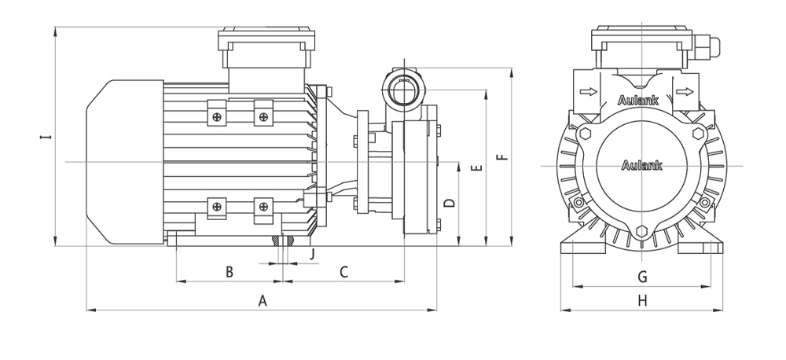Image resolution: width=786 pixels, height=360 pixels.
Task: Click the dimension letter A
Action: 263,300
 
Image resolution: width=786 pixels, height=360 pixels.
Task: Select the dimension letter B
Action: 229,272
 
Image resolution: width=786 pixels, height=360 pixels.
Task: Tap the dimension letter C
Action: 343,272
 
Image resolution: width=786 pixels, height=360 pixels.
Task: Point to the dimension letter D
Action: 450,203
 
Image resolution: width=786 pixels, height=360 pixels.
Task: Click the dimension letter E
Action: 477,167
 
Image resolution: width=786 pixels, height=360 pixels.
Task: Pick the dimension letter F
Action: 502,157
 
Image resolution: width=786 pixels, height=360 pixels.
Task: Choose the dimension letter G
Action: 642,276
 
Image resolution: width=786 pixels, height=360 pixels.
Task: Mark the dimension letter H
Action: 642,300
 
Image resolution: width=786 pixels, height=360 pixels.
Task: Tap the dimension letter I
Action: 46,137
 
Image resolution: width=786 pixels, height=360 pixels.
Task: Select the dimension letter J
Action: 312,254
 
